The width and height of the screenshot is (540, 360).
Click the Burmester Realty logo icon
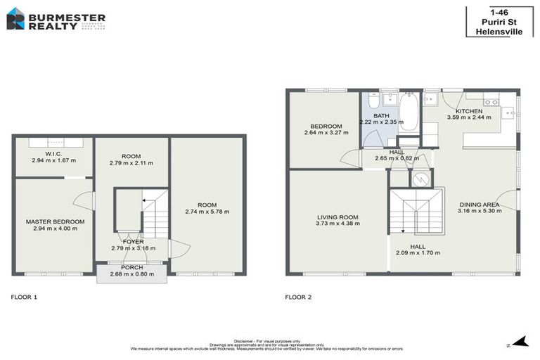pyautogui.click(x=16, y=18)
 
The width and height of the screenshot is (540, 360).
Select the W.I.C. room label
pyautogui.click(x=53, y=153)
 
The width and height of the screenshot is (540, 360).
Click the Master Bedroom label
pyautogui.click(x=55, y=222)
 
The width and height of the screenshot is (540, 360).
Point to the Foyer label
pyautogui.click(x=132, y=241)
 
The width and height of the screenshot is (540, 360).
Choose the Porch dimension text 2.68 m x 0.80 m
pyautogui.click(x=132, y=274)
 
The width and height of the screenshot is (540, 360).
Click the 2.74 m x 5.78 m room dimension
pyautogui.click(x=207, y=212)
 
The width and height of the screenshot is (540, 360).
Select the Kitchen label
pyautogui.click(x=469, y=111)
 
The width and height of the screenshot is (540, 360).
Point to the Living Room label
pyautogui.click(x=337, y=217)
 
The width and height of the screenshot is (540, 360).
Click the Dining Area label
pyautogui.click(x=479, y=204)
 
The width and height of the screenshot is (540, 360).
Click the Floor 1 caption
pyautogui.click(x=24, y=297)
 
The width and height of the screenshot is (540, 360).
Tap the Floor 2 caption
pyautogui.click(x=298, y=297)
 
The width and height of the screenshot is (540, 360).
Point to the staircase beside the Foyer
pyautogui.click(x=155, y=214)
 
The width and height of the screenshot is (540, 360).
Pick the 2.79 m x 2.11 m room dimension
pyautogui.click(x=131, y=163)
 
